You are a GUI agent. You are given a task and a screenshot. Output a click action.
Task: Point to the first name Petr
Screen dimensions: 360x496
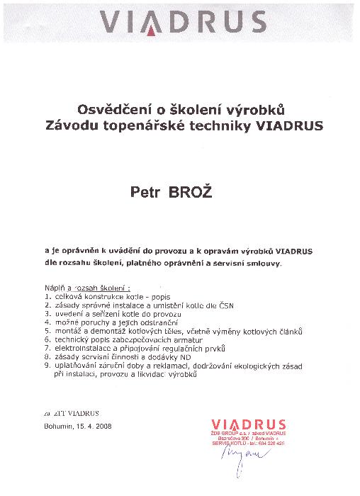pos(144,192)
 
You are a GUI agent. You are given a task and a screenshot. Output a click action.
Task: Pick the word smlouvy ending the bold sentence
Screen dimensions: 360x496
pos(264,263)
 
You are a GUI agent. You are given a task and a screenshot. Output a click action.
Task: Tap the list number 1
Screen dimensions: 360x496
pos(47,298)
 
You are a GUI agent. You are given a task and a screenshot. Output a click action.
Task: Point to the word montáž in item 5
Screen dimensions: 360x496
pos(69,331)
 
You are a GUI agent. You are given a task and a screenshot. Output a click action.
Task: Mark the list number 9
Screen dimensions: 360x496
pos(47,366)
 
